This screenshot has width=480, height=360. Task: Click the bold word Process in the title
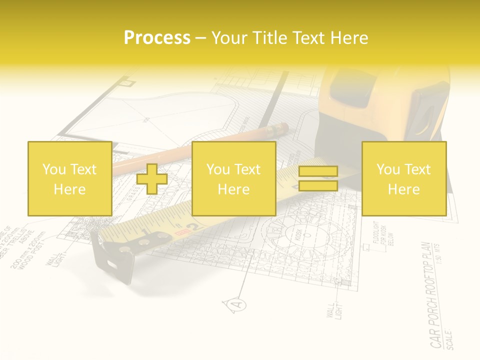[x=157, y=38]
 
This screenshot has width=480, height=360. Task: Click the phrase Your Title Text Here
[x=289, y=38]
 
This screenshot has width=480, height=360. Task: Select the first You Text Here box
[x=69, y=178]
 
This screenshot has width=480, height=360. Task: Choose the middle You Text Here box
[x=233, y=178]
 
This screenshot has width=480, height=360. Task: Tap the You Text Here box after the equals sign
[x=403, y=178]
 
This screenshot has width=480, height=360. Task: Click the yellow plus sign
[x=152, y=178]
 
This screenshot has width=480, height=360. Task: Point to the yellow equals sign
[x=318, y=178]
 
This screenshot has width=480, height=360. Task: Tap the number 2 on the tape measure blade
[x=196, y=226]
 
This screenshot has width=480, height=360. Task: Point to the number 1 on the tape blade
[x=144, y=232]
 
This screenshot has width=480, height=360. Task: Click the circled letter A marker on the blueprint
[x=238, y=303]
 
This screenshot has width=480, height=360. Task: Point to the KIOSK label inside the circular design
[x=299, y=235]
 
